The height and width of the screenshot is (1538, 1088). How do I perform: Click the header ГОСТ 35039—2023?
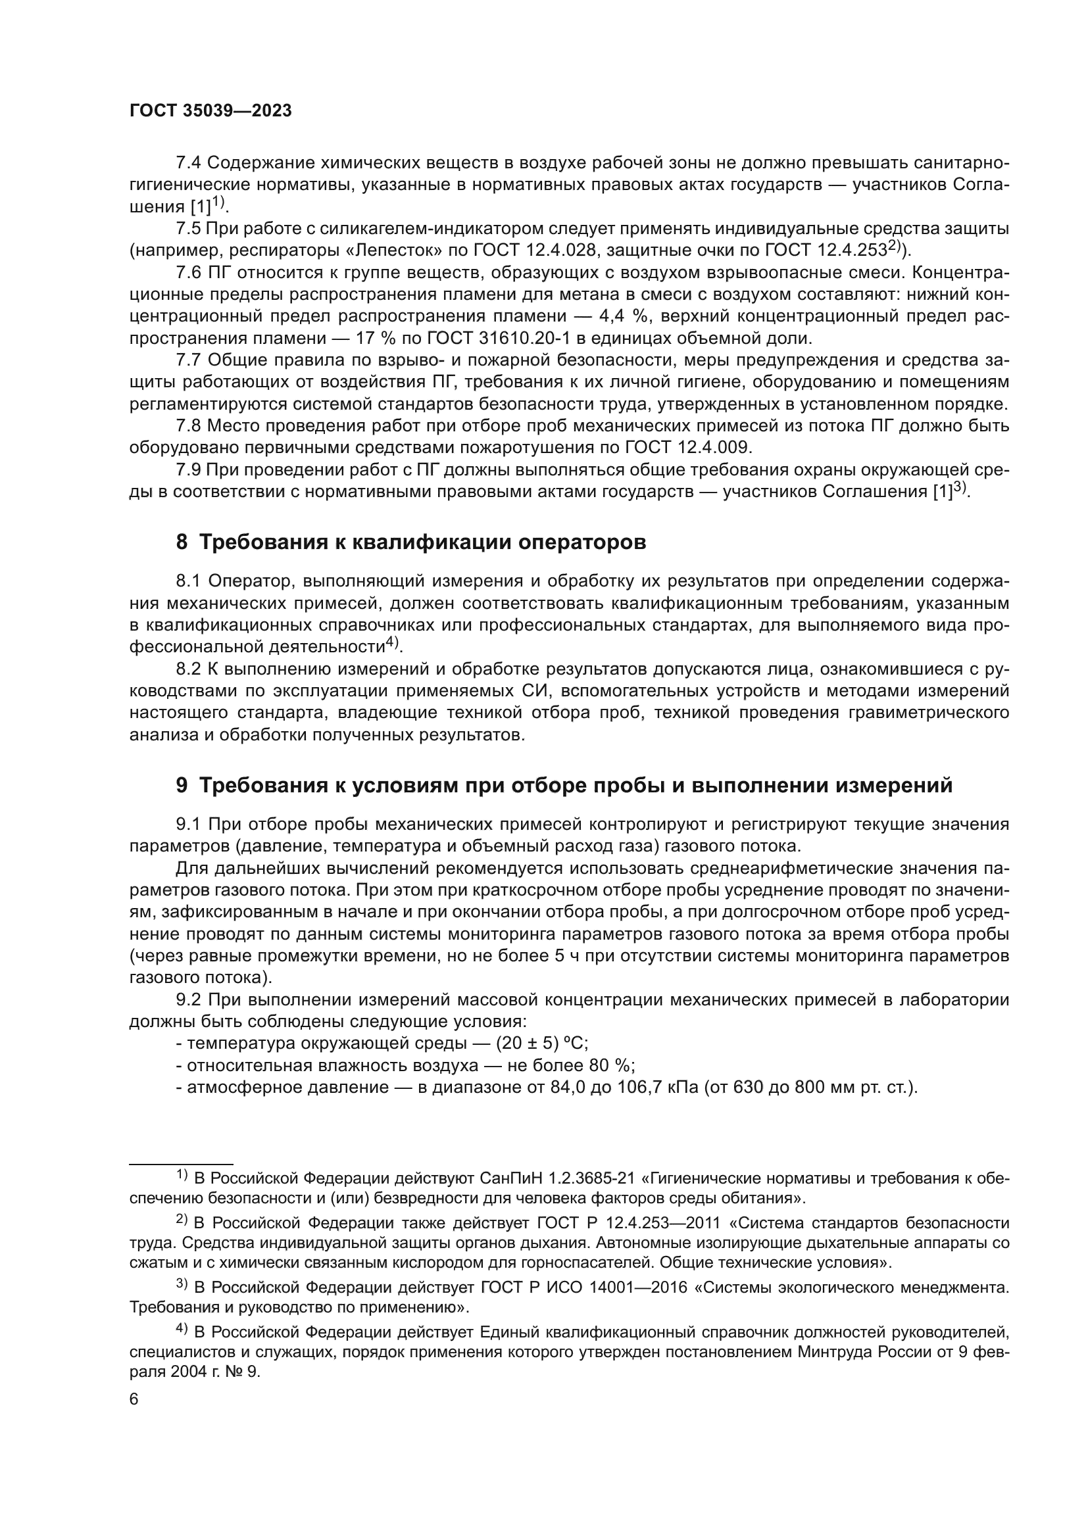pos(210,111)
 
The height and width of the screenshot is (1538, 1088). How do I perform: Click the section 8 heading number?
pos(182,542)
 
